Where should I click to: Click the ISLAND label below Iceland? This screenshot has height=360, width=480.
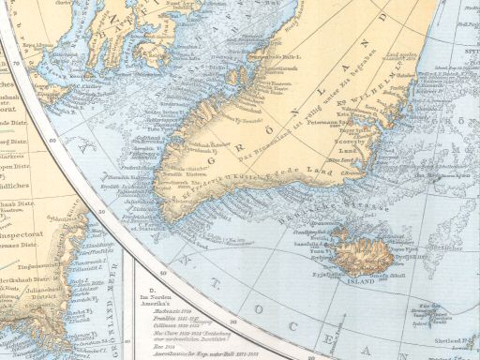click(x=361, y=278)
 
